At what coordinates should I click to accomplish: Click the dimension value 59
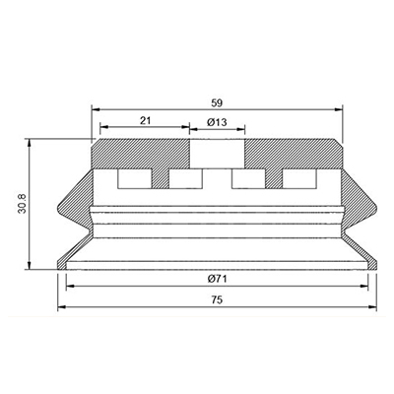click(x=217, y=103)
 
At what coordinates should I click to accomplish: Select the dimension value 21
click(x=145, y=120)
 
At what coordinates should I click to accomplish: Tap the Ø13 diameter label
click(x=217, y=122)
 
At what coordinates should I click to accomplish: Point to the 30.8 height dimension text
click(x=23, y=204)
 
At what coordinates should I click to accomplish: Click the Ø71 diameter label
click(x=217, y=279)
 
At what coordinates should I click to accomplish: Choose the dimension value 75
click(x=217, y=299)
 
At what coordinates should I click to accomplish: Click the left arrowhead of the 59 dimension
click(x=96, y=109)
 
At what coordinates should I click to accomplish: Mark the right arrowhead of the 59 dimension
click(x=339, y=109)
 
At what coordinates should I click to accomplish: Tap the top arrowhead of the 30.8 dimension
click(x=30, y=143)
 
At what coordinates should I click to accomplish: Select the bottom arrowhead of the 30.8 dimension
click(x=30, y=266)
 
